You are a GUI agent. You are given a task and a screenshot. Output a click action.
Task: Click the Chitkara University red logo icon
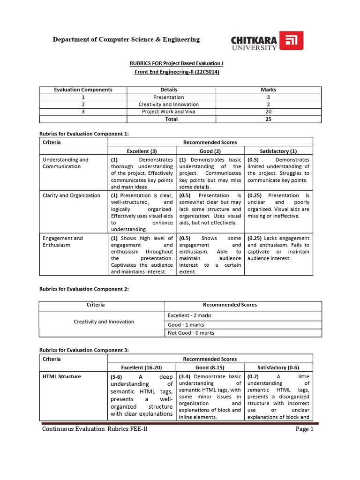[291, 41]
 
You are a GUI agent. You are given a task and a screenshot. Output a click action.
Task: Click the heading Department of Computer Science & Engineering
[126, 39]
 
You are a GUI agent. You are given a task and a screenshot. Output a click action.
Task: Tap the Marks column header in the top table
[268, 90]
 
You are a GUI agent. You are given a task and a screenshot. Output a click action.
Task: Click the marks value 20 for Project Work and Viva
[268, 112]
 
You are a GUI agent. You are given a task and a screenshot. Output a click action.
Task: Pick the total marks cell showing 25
[268, 119]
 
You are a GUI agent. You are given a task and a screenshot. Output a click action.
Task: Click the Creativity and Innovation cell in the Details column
[168, 105]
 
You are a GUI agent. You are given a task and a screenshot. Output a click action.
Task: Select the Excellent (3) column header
[142, 151]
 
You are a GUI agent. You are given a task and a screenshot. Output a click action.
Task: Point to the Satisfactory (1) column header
[278, 151]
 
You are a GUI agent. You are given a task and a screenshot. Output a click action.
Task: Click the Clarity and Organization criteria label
[71, 195]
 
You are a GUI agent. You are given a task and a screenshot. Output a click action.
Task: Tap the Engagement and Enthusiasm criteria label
[62, 241]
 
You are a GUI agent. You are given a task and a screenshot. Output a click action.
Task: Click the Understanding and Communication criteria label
[65, 163]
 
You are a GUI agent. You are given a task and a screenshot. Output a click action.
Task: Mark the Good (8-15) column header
[210, 367]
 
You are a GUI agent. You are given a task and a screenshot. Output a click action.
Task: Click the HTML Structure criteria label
[61, 376]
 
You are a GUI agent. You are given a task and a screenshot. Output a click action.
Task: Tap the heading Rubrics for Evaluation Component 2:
[83, 290]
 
